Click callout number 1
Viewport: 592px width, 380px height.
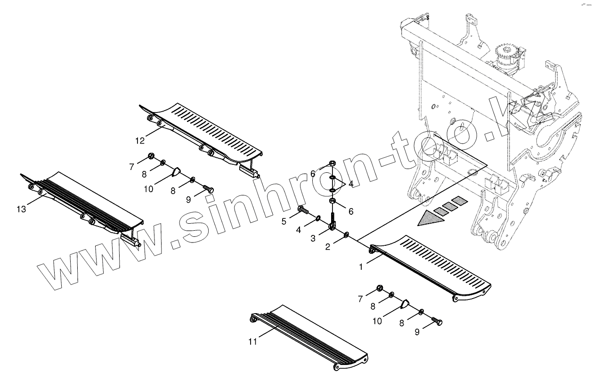[361, 267]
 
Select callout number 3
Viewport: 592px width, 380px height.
[313, 239]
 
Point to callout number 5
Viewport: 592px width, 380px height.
[284, 221]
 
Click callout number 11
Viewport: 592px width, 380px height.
[253, 341]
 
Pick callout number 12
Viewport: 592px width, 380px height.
[140, 140]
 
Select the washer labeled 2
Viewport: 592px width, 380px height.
[347, 234]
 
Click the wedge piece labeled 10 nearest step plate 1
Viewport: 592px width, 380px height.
[405, 303]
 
